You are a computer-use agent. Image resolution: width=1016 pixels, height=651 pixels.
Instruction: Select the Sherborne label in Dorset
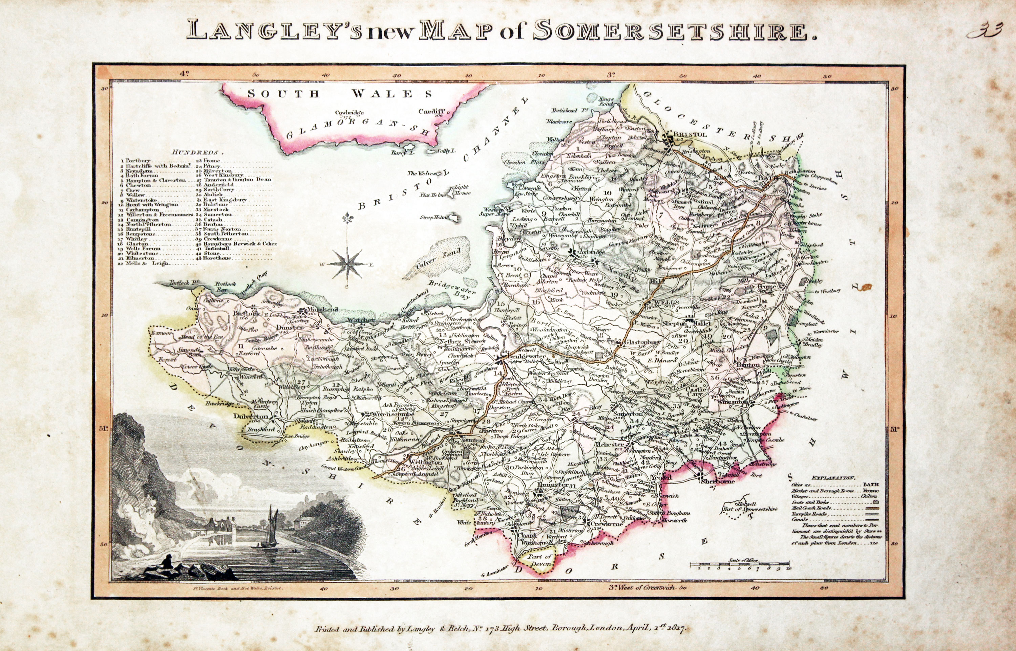tap(714, 481)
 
